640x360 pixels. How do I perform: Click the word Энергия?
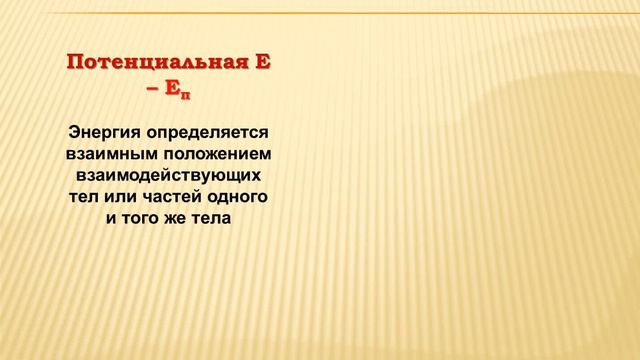104,132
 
